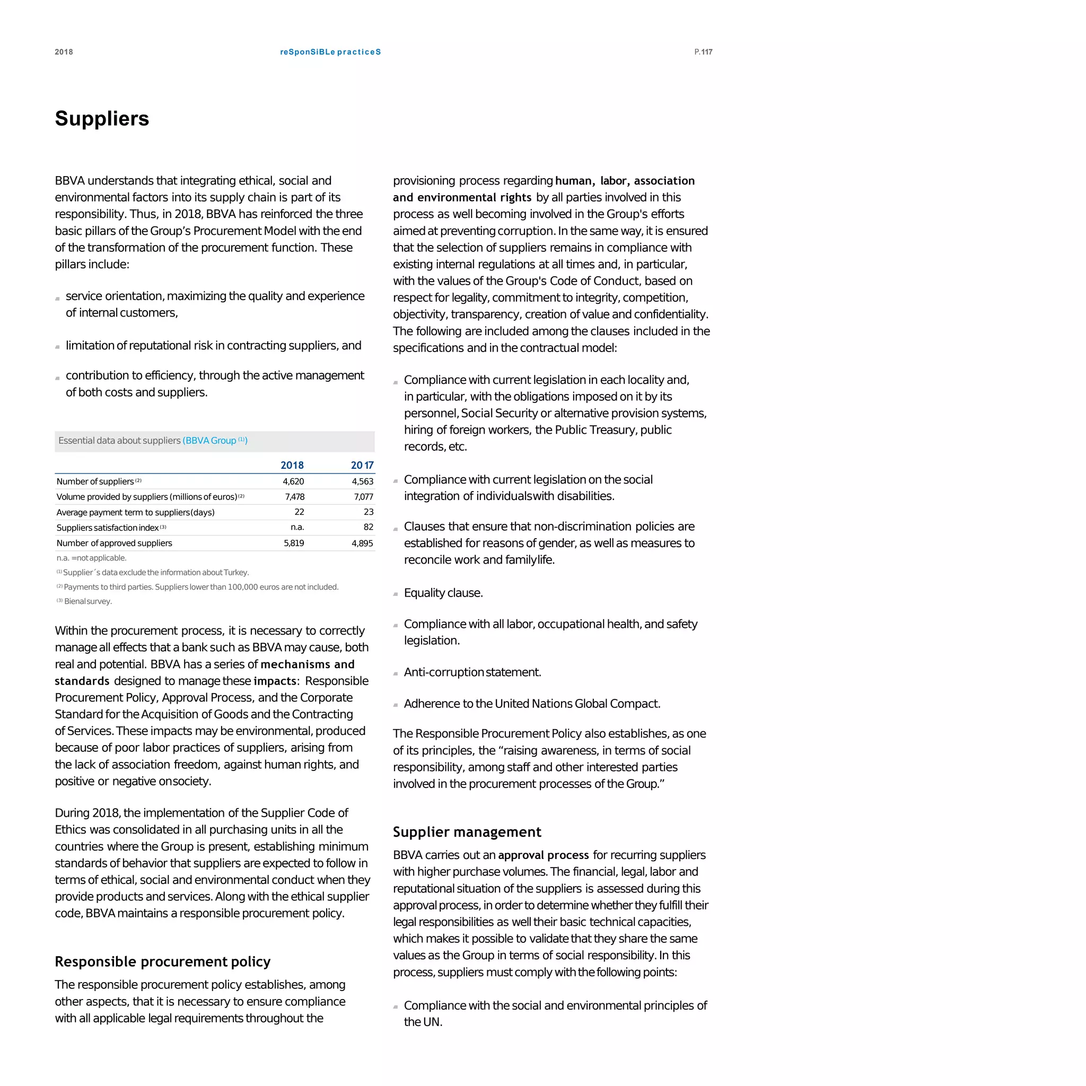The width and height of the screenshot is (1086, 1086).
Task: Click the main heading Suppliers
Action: point(102,119)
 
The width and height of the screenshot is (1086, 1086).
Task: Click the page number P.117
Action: point(703,52)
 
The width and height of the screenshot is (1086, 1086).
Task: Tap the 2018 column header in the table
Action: point(292,465)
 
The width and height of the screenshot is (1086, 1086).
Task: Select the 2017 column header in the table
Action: point(362,465)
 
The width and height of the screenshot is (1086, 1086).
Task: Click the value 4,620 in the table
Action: point(293,481)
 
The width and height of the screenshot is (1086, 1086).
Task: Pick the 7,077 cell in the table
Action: point(363,496)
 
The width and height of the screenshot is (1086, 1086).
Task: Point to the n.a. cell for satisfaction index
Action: point(297,527)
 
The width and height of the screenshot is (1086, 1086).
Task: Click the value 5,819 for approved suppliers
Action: point(293,543)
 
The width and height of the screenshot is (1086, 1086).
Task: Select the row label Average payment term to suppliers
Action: point(135,512)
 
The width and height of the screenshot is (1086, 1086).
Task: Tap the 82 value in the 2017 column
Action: point(368,527)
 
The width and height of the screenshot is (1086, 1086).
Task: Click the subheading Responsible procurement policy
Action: point(162,961)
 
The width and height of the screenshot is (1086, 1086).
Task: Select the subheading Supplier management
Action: point(467,831)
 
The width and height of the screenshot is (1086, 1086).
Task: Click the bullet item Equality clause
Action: point(443,592)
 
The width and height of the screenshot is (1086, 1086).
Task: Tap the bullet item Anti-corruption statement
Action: point(472,672)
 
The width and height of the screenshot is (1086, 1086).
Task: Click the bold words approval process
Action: point(543,855)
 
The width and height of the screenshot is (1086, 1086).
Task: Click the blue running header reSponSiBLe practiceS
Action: point(330,52)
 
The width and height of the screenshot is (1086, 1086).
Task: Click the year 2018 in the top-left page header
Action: point(64,52)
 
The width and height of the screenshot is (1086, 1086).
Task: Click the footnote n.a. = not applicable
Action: point(91,558)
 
